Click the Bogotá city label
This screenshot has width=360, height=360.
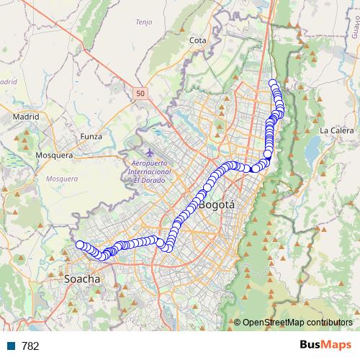[217, 205]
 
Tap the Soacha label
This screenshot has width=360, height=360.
[82, 278]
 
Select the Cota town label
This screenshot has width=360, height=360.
[197, 41]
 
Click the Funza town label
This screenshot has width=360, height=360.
[91, 136]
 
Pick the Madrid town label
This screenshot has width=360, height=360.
[25, 116]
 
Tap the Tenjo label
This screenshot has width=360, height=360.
[143, 22]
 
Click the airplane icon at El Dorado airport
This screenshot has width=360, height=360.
[149, 153]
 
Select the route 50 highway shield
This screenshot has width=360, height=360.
[139, 93]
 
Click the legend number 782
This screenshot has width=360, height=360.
[31, 346]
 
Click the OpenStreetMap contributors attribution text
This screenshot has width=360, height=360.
[297, 323]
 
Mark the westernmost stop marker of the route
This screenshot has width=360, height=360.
[80, 245]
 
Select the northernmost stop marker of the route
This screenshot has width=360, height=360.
[273, 83]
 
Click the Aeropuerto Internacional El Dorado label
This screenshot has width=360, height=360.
[149, 173]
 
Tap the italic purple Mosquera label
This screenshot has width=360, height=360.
[60, 178]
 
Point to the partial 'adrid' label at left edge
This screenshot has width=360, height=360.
[8, 81]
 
